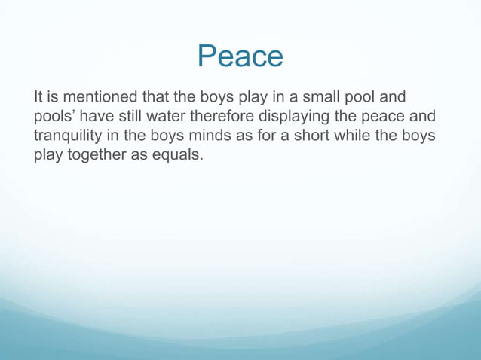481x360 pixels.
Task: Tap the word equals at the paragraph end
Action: (x=178, y=158)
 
